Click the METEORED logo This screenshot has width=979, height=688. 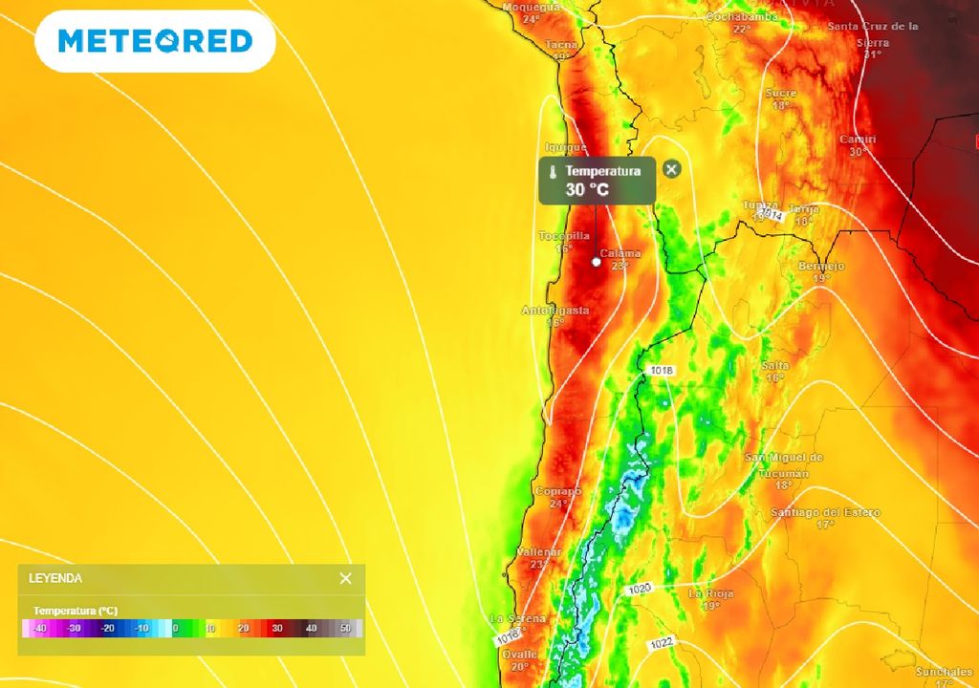[x=155, y=41]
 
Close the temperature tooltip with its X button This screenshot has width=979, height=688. [x=672, y=169]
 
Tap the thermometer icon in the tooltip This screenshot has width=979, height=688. [x=553, y=173]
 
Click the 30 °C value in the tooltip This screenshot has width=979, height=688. [x=587, y=189]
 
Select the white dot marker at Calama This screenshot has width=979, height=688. [x=596, y=262]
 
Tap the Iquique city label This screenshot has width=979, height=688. [x=566, y=147]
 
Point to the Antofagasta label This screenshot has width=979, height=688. [x=555, y=311]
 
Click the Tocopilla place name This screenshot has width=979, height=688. [x=564, y=236]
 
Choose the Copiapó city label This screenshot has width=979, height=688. [x=558, y=491]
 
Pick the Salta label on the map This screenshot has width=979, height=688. [x=775, y=366]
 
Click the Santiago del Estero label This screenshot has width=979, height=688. [x=826, y=513]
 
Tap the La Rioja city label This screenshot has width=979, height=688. [x=711, y=593]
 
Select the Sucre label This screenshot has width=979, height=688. [x=781, y=93]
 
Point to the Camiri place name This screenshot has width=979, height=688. [x=858, y=140]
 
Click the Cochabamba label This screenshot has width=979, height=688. [x=742, y=17]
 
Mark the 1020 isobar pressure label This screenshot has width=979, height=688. [x=640, y=590]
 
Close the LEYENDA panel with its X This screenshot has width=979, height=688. [x=345, y=578]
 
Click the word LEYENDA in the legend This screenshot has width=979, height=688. [x=55, y=578]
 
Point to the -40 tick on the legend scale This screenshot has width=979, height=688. [x=39, y=628]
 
